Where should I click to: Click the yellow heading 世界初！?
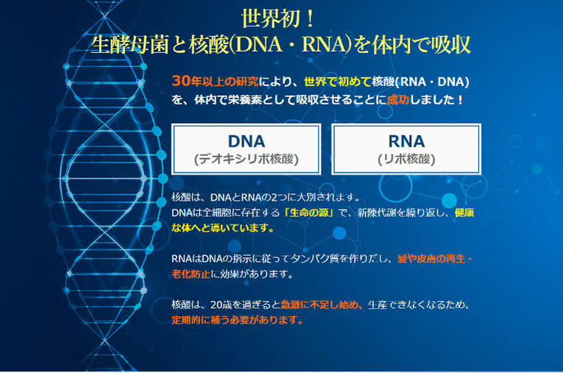pyautogui.click(x=278, y=18)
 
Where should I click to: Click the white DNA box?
pyautogui.click(x=247, y=149)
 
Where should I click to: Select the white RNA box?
pyautogui.click(x=406, y=149)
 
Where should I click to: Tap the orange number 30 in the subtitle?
pyautogui.click(x=181, y=81)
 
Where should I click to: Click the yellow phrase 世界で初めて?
pyautogui.click(x=337, y=82)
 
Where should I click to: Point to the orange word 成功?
pyautogui.click(x=398, y=99)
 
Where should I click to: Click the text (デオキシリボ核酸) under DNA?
pyautogui.click(x=247, y=159)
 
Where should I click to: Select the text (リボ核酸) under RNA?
pyautogui.click(x=406, y=159)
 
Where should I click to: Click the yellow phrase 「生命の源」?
pyautogui.click(x=309, y=213)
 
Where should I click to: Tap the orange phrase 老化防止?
pyautogui.click(x=191, y=274)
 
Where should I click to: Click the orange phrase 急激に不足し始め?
pyautogui.click(x=319, y=305)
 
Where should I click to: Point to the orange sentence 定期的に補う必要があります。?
pyautogui.click(x=237, y=319)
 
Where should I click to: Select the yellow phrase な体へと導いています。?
pyautogui.click(x=223, y=228)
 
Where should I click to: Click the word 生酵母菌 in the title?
pyautogui.click(x=130, y=45)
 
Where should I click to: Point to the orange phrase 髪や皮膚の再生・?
pyautogui.click(x=435, y=258)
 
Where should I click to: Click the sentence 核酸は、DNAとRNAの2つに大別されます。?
pyautogui.click(x=266, y=197)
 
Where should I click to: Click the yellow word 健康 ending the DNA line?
pyautogui.click(x=464, y=213)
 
